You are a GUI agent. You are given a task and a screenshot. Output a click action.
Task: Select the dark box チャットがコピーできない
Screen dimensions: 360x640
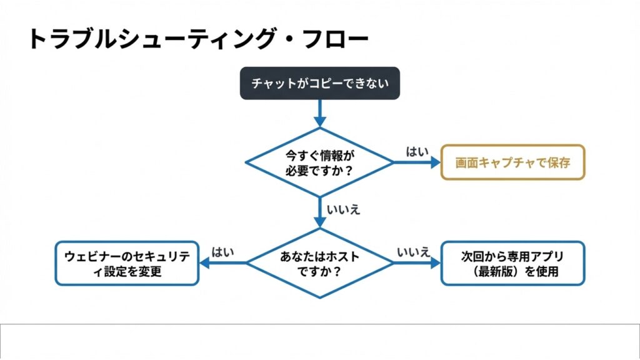(x=319, y=83)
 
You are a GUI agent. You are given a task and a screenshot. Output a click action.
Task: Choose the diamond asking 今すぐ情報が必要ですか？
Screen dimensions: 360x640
(x=319, y=162)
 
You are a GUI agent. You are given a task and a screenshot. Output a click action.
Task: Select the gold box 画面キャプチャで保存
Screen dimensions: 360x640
(x=512, y=162)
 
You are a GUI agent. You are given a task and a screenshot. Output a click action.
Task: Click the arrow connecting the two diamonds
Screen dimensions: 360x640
(x=319, y=212)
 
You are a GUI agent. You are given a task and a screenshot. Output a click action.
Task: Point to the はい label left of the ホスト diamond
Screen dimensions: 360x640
(x=223, y=252)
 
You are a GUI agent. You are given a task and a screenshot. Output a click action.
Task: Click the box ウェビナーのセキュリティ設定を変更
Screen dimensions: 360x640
(x=127, y=264)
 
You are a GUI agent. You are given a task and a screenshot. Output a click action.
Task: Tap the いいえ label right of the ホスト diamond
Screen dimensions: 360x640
(x=414, y=252)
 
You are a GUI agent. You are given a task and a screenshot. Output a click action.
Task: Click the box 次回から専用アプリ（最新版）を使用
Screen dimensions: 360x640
(x=512, y=264)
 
